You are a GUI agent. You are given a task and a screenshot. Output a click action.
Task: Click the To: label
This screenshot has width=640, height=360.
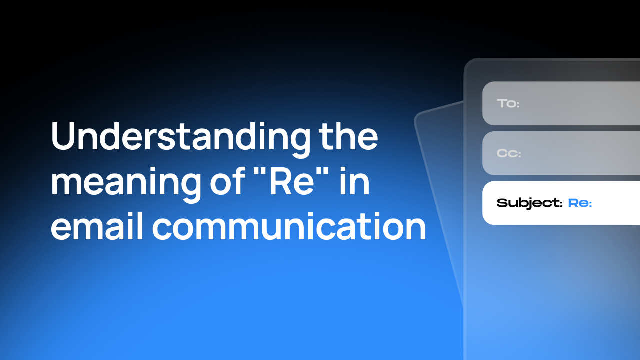click(508, 104)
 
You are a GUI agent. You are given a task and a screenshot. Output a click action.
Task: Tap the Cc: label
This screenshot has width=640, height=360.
click(509, 153)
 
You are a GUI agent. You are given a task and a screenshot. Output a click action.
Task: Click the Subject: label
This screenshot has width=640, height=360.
click(529, 203)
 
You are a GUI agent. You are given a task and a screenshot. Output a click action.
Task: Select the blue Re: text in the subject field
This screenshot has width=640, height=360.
click(580, 203)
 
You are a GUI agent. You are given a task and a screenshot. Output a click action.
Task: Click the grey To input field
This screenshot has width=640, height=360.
click(575, 104)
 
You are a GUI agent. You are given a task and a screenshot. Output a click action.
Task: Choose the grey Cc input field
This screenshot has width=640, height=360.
click(575, 153)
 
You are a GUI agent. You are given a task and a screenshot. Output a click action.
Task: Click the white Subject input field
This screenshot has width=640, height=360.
click(615, 203)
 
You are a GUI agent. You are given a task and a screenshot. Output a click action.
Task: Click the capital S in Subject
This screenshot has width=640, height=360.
click(501, 203)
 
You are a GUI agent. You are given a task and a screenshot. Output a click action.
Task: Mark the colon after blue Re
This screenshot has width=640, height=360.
click(590, 204)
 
